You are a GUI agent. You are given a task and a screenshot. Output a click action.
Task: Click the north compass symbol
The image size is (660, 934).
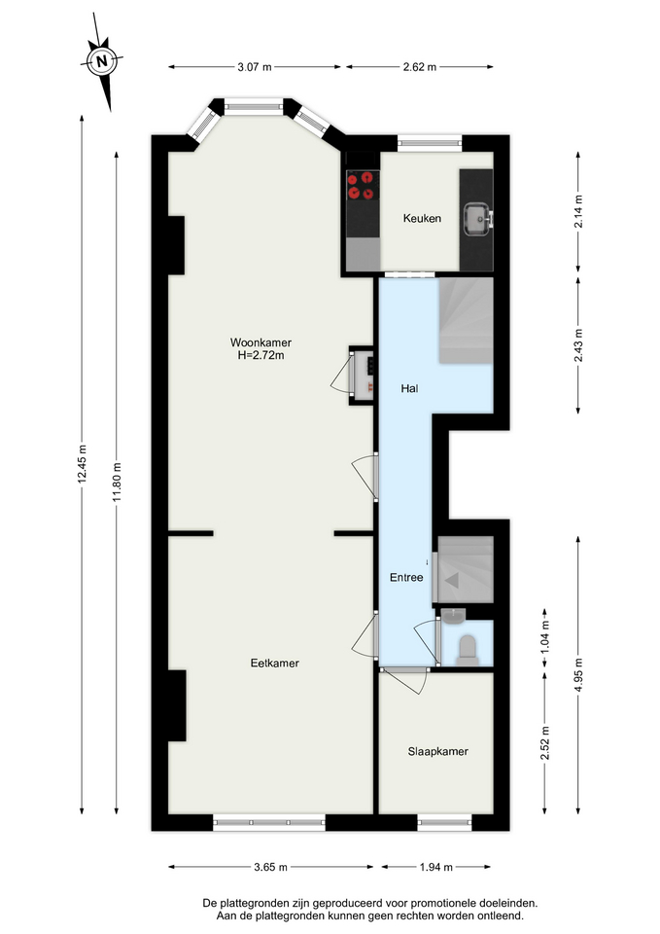[102, 60]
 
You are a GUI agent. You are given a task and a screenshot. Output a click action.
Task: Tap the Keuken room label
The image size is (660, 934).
[422, 218]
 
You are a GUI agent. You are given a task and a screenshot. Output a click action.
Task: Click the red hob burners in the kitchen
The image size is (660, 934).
[362, 185]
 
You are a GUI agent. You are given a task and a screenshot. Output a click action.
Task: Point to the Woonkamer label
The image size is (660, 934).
[261, 342]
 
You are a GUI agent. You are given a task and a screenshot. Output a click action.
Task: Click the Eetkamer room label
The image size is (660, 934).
[274, 663]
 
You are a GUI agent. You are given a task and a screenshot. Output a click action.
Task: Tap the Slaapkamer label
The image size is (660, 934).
[438, 751]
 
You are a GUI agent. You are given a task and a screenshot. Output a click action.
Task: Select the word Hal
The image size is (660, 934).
[409, 388]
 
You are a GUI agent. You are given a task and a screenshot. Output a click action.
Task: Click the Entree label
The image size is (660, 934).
[406, 577]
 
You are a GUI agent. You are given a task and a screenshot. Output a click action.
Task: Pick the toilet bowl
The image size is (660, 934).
[468, 650]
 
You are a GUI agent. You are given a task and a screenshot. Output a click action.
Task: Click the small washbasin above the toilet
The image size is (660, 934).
[454, 617]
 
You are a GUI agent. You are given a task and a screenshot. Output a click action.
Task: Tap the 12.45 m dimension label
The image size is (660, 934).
[82, 464]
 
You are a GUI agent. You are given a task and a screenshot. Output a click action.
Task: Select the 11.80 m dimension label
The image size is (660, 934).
[117, 482]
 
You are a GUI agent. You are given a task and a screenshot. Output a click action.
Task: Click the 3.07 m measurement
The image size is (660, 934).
[255, 67]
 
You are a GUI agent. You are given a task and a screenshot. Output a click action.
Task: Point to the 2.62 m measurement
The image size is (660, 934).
[420, 67]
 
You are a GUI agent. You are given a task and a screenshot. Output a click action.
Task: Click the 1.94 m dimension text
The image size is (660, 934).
[436, 867]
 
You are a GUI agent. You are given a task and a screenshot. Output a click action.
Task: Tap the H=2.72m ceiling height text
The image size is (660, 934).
[261, 356]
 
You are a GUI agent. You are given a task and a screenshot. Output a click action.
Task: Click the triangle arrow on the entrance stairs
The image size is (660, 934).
[452, 580]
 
